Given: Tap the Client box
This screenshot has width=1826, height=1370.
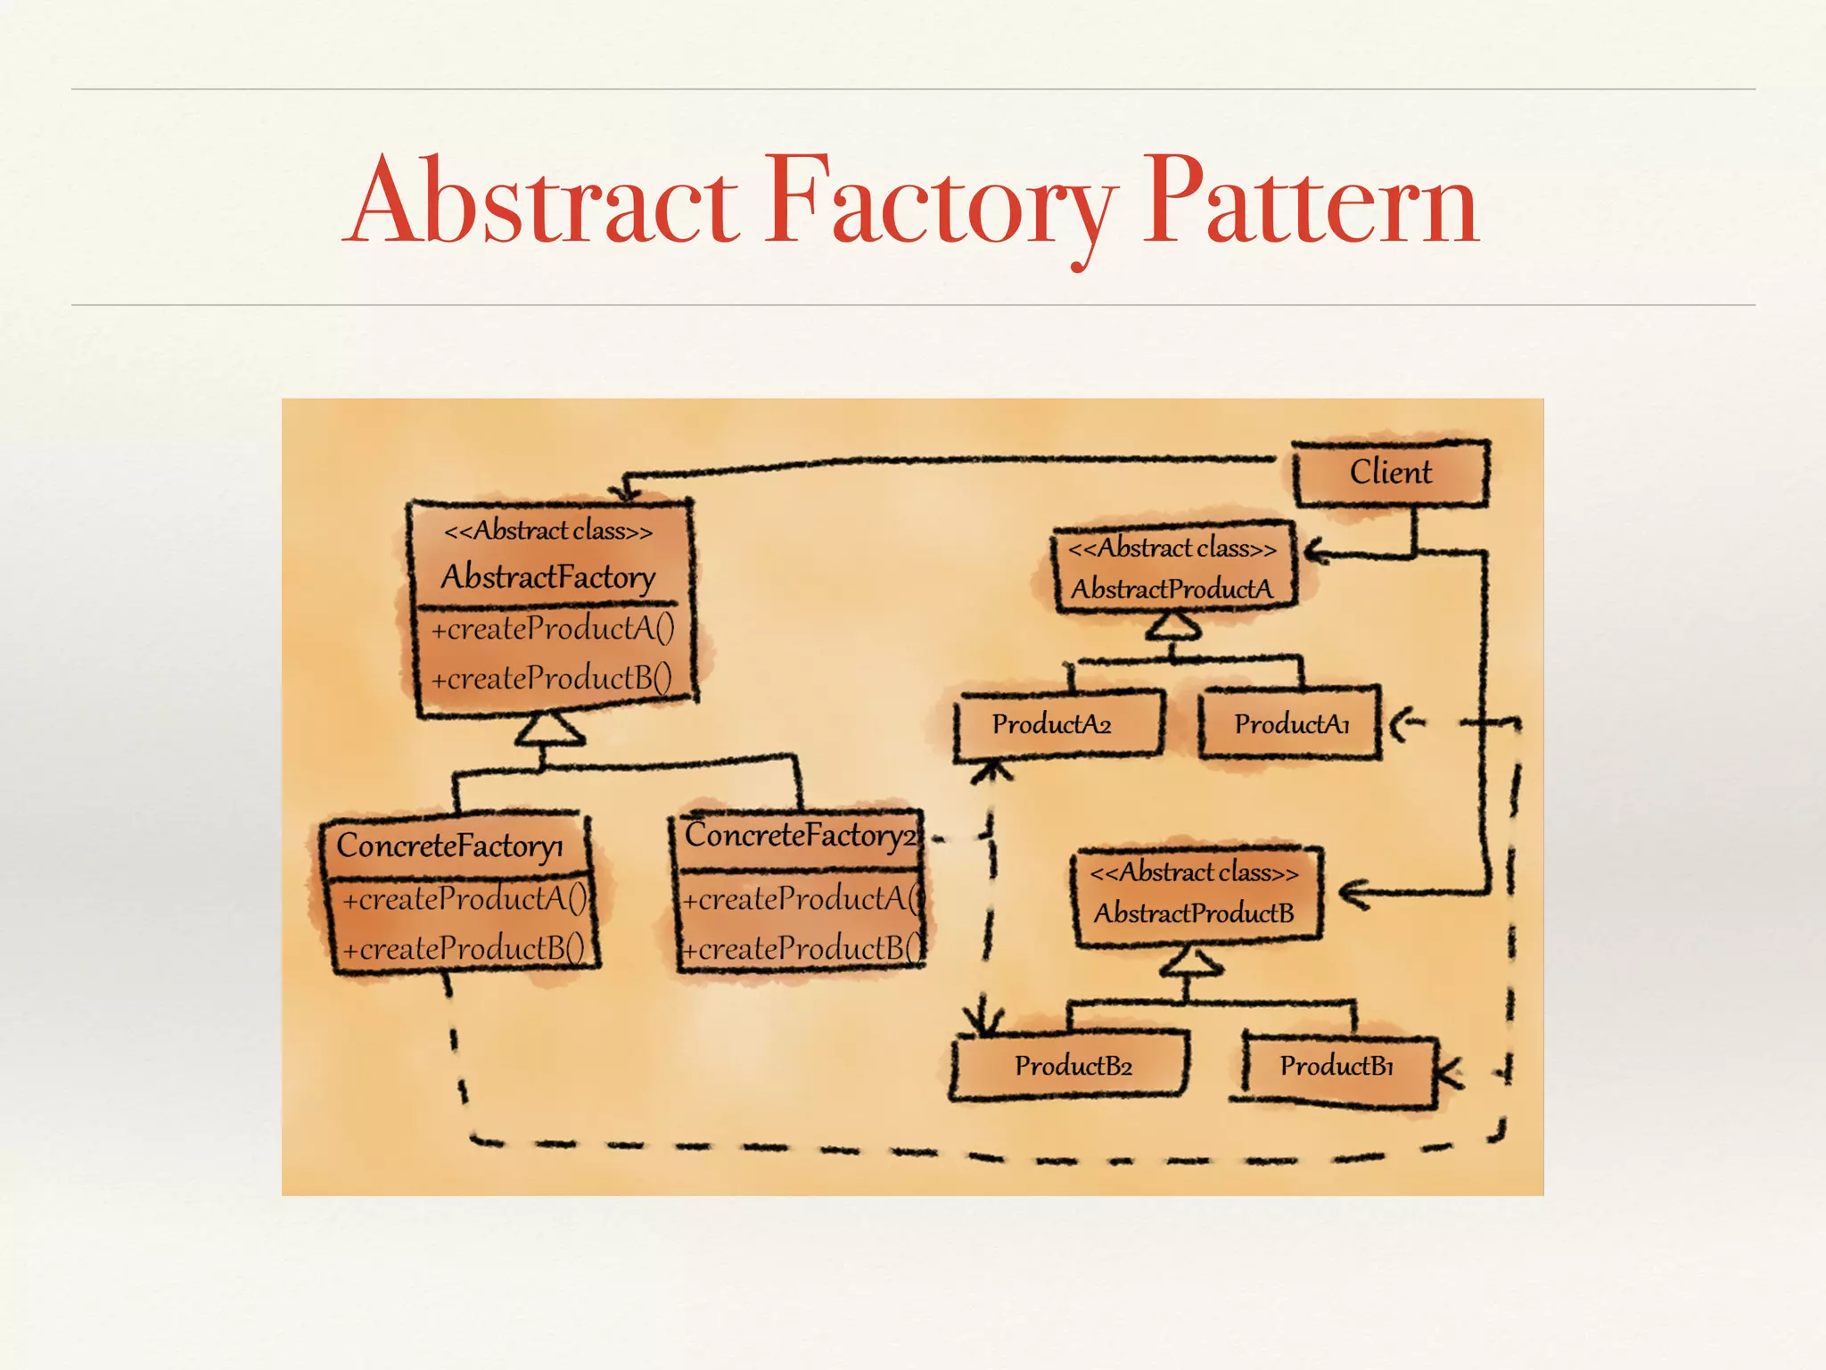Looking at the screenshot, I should click(1391, 472).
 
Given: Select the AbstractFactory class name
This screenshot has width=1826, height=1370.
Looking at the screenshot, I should click(547, 577).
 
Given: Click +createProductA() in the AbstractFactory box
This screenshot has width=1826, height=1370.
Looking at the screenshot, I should click(553, 629).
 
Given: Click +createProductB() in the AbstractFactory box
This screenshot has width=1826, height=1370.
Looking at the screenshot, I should click(552, 679).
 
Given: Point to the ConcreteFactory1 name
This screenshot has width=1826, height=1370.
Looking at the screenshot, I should click(449, 845).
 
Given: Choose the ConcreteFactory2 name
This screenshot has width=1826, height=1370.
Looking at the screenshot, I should click(799, 836).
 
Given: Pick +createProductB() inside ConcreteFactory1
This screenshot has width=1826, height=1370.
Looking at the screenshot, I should click(464, 948).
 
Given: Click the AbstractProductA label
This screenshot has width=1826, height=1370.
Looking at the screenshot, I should click(1172, 589).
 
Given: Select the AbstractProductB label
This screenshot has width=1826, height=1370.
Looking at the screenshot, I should click(1194, 913).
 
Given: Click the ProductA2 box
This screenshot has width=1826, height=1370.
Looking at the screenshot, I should click(1052, 724).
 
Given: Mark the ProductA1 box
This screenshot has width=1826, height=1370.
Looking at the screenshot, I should click(1291, 724).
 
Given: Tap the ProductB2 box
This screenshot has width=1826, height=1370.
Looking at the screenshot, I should click(1073, 1066).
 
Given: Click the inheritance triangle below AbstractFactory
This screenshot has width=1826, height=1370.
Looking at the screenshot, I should click(549, 730).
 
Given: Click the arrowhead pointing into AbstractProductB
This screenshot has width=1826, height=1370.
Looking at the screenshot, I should click(1353, 893).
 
